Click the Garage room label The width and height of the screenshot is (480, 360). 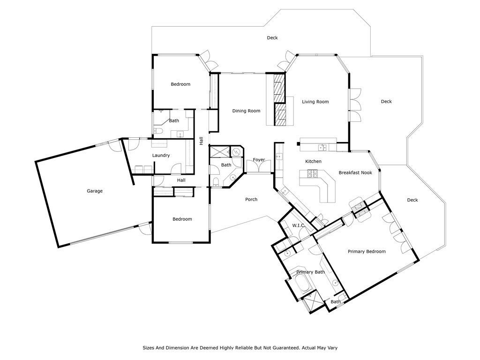tap(95, 191)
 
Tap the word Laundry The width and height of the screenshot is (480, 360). tap(161, 156)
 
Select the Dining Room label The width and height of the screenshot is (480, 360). tap(246, 111)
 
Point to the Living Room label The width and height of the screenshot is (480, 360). tap(315, 102)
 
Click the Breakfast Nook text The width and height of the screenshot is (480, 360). tap(355, 172)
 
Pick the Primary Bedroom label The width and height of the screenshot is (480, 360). tap(367, 252)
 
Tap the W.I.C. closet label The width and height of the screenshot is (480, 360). tap(298, 225)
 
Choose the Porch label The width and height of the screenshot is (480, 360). tap(251, 200)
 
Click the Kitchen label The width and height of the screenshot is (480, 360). tap(314, 161)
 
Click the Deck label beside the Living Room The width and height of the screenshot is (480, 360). tap(386, 102)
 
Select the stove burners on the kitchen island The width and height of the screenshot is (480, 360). tap(313, 174)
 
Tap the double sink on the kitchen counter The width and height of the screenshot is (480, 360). tap(322, 148)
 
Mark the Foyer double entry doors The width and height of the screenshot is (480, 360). tap(259, 168)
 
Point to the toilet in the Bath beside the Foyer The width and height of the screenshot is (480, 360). tap(216, 181)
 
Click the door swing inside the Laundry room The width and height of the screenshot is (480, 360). tap(176, 169)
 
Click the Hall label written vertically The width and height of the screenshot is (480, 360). tap(202, 141)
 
